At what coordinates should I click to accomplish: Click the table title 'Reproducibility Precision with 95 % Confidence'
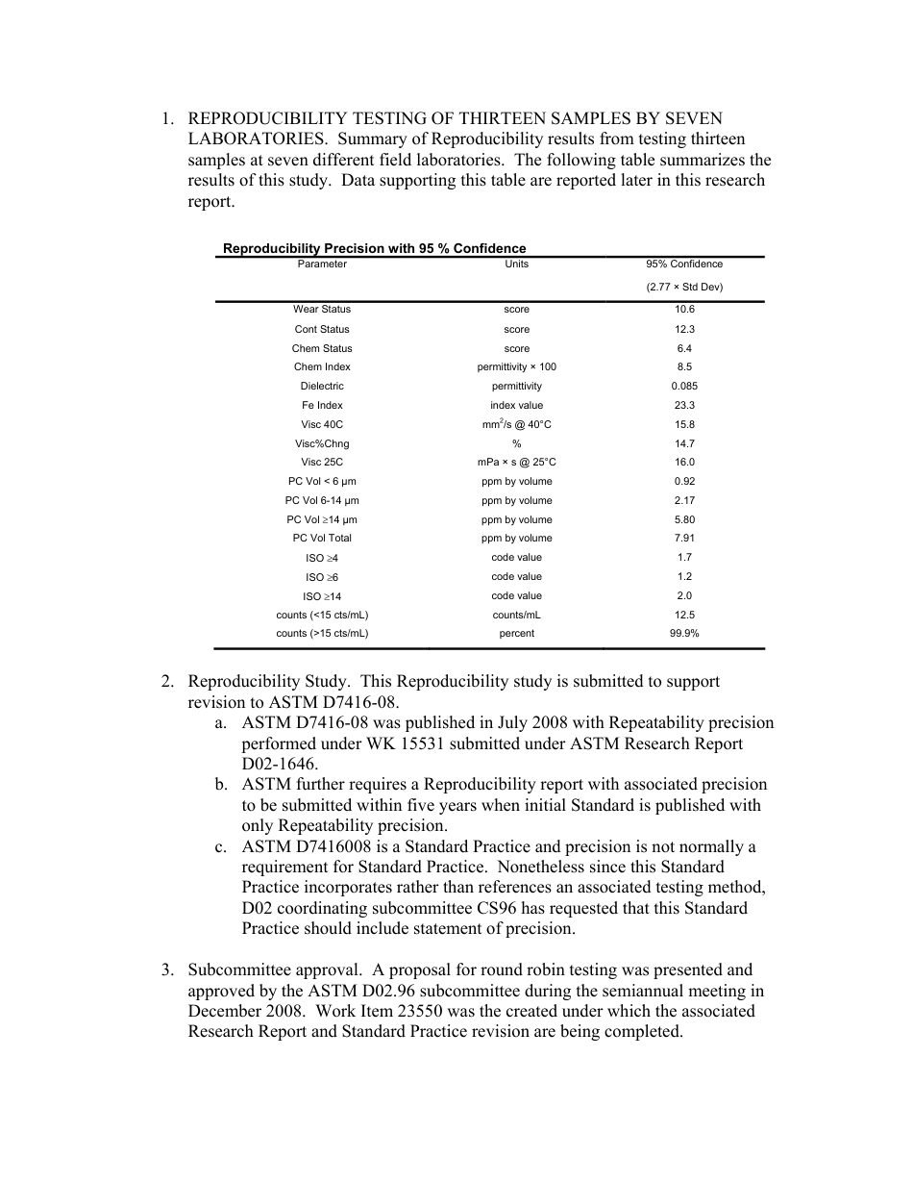pos(374,248)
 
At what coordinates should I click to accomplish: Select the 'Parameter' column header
pos(322,264)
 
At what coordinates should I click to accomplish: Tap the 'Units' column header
pos(516,264)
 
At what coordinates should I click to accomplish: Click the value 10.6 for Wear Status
pos(684,310)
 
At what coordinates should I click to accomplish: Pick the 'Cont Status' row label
pos(322,329)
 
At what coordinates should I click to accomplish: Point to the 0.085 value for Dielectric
pos(684,387)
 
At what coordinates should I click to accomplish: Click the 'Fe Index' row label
pos(322,406)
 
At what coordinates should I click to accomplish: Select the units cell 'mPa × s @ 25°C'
pos(516,463)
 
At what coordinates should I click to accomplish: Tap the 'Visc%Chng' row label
pos(322,444)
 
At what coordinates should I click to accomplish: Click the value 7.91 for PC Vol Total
pos(684,539)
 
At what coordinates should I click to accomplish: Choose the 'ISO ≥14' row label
pos(322,596)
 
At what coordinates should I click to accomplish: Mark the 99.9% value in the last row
pos(684,634)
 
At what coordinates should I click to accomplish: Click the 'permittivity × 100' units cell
pos(516,367)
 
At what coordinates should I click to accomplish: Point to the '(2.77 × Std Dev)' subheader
pos(684,288)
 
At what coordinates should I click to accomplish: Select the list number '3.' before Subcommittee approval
pos(167,969)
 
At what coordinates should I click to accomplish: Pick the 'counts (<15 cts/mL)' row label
pos(322,615)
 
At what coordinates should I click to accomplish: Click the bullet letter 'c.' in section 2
pos(221,846)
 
